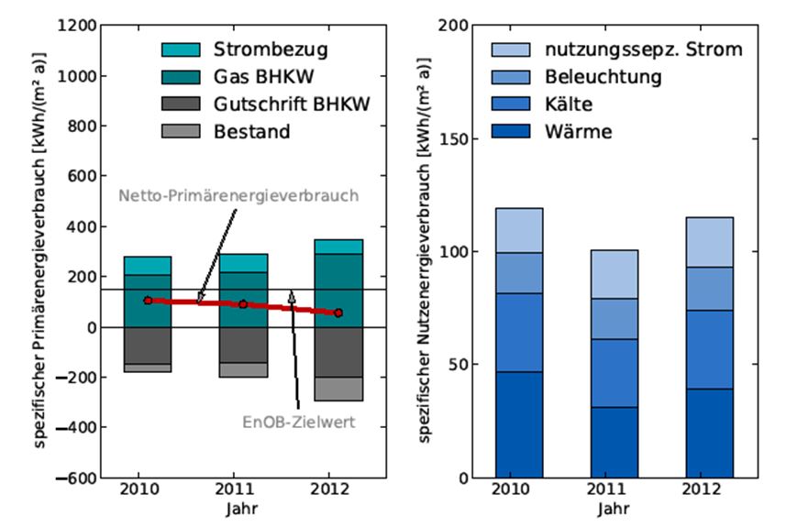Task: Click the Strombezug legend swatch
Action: [180, 48]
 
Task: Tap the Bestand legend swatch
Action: [180, 131]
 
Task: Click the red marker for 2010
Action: [149, 300]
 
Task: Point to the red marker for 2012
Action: [338, 313]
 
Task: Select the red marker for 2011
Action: [243, 304]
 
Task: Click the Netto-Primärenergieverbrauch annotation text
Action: [238, 195]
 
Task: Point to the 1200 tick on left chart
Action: [77, 26]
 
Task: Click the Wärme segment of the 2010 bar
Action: [519, 424]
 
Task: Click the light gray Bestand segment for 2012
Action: [338, 389]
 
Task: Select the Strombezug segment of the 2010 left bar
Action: [149, 266]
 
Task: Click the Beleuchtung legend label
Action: [603, 76]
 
